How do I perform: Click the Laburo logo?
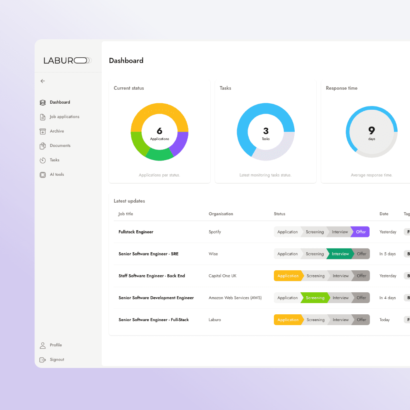tap(67, 60)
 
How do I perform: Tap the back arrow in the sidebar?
tap(43, 81)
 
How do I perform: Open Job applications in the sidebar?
tap(64, 117)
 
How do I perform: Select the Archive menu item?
tap(57, 131)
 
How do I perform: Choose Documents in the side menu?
tap(60, 146)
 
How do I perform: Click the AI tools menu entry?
tap(57, 175)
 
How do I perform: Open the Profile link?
tap(56, 345)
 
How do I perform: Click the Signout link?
tap(57, 360)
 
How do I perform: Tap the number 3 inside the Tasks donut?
tap(266, 131)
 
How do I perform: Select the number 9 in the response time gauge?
tap(372, 131)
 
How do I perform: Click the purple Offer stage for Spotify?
tap(361, 232)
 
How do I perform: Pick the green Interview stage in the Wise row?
tap(340, 254)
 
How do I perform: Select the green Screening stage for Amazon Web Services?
tap(315, 298)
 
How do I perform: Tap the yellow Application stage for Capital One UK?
tap(288, 276)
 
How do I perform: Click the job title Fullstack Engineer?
tap(136, 232)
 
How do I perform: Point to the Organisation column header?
tap(221, 214)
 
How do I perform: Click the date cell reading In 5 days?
tap(388, 254)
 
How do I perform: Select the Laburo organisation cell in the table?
tap(215, 320)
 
